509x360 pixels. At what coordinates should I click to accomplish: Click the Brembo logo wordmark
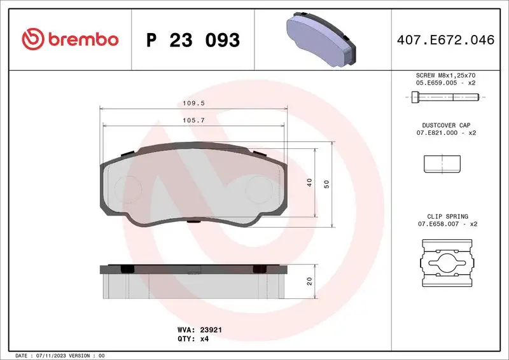click(x=70, y=39)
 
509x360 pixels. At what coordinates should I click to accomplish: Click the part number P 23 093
click(x=193, y=40)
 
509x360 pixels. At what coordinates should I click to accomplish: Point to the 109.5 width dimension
click(x=188, y=102)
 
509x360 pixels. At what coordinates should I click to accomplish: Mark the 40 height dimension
click(x=309, y=182)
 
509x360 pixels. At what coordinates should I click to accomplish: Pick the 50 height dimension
click(x=327, y=183)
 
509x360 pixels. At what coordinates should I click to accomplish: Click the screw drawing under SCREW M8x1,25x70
click(x=445, y=97)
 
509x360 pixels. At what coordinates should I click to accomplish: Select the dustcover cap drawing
click(x=442, y=164)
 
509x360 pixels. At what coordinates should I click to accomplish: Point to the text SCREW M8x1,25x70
click(x=445, y=75)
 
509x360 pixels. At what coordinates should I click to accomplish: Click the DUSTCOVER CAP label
click(x=445, y=125)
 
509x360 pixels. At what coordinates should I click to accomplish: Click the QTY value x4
click(x=204, y=339)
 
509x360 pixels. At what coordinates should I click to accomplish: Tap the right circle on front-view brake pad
click(x=258, y=189)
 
